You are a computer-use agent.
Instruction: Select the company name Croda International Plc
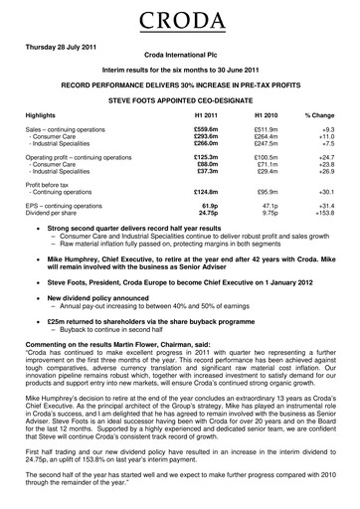coord(179,61)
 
